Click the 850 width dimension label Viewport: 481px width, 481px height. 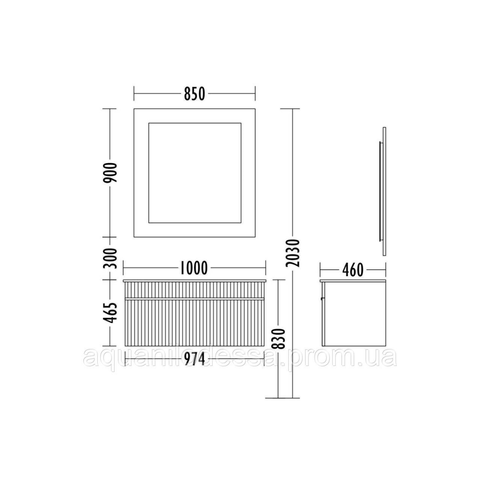point(194,94)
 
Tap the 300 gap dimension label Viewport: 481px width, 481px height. point(110,259)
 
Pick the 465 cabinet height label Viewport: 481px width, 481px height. point(110,313)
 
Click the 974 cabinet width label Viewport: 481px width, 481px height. point(194,359)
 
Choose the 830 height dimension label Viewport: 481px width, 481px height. point(278,339)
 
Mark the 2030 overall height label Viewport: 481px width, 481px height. point(293,253)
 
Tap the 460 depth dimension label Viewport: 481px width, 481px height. point(353,270)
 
